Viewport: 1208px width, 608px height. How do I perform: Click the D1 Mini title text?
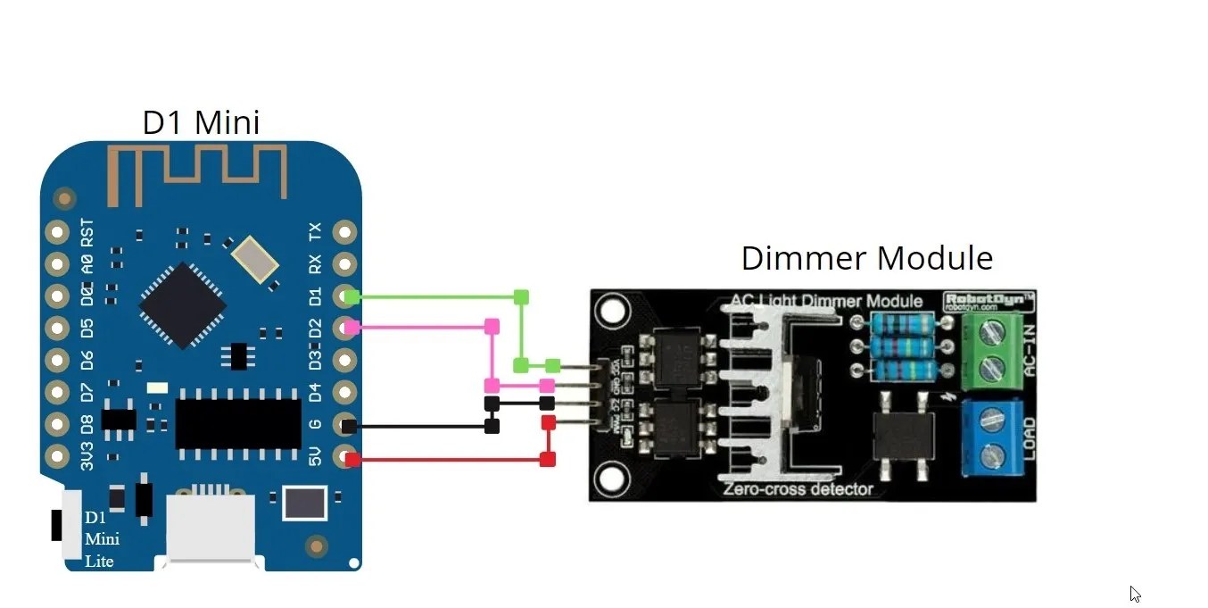point(201,122)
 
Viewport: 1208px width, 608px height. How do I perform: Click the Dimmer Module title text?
point(866,258)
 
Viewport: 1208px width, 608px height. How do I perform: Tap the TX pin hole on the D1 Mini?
point(344,232)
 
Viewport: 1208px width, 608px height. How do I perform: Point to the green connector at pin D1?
point(352,296)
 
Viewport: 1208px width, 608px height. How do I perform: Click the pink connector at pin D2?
point(352,328)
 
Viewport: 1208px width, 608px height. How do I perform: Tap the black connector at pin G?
point(350,426)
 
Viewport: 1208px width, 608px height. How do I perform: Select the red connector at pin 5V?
point(353,460)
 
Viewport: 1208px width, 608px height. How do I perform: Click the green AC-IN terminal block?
point(989,351)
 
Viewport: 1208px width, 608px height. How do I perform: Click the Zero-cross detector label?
point(798,488)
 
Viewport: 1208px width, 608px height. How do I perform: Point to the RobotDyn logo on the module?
point(988,300)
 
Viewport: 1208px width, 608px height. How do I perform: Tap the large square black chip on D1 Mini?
point(182,304)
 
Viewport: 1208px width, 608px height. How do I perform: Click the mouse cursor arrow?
point(1134,594)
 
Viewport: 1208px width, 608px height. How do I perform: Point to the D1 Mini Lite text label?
point(102,539)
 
